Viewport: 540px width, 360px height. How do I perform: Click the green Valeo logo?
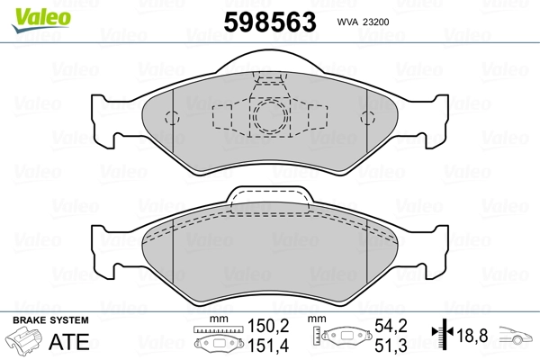click(40, 20)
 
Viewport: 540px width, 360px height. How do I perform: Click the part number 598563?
click(270, 22)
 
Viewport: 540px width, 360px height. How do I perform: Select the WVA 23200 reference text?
click(363, 22)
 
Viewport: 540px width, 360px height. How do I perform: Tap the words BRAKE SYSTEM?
click(50, 320)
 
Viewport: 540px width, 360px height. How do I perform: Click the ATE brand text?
click(69, 341)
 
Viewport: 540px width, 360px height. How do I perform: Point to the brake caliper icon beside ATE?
click(24, 341)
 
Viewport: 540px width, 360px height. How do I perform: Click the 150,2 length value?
click(268, 326)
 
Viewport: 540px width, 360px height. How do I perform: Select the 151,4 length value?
click(268, 346)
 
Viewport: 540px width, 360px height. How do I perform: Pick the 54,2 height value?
click(391, 326)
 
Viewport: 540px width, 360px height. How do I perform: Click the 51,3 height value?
click(391, 346)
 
